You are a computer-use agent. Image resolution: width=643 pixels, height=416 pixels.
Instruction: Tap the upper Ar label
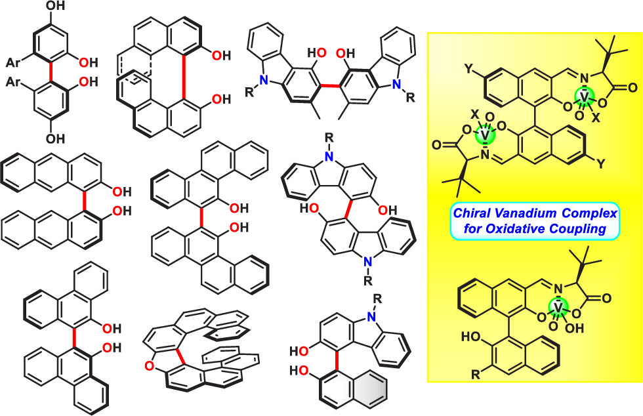click(x=14, y=63)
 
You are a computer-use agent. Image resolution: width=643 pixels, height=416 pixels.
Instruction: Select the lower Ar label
click(x=14, y=82)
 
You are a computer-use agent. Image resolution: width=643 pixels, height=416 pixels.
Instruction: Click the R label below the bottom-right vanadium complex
click(x=476, y=375)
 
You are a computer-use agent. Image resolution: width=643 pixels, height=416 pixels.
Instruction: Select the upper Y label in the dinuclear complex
click(x=470, y=68)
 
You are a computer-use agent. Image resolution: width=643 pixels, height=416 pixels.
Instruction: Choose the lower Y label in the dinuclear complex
click(x=601, y=165)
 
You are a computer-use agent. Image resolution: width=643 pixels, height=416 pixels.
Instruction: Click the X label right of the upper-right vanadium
click(x=596, y=119)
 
